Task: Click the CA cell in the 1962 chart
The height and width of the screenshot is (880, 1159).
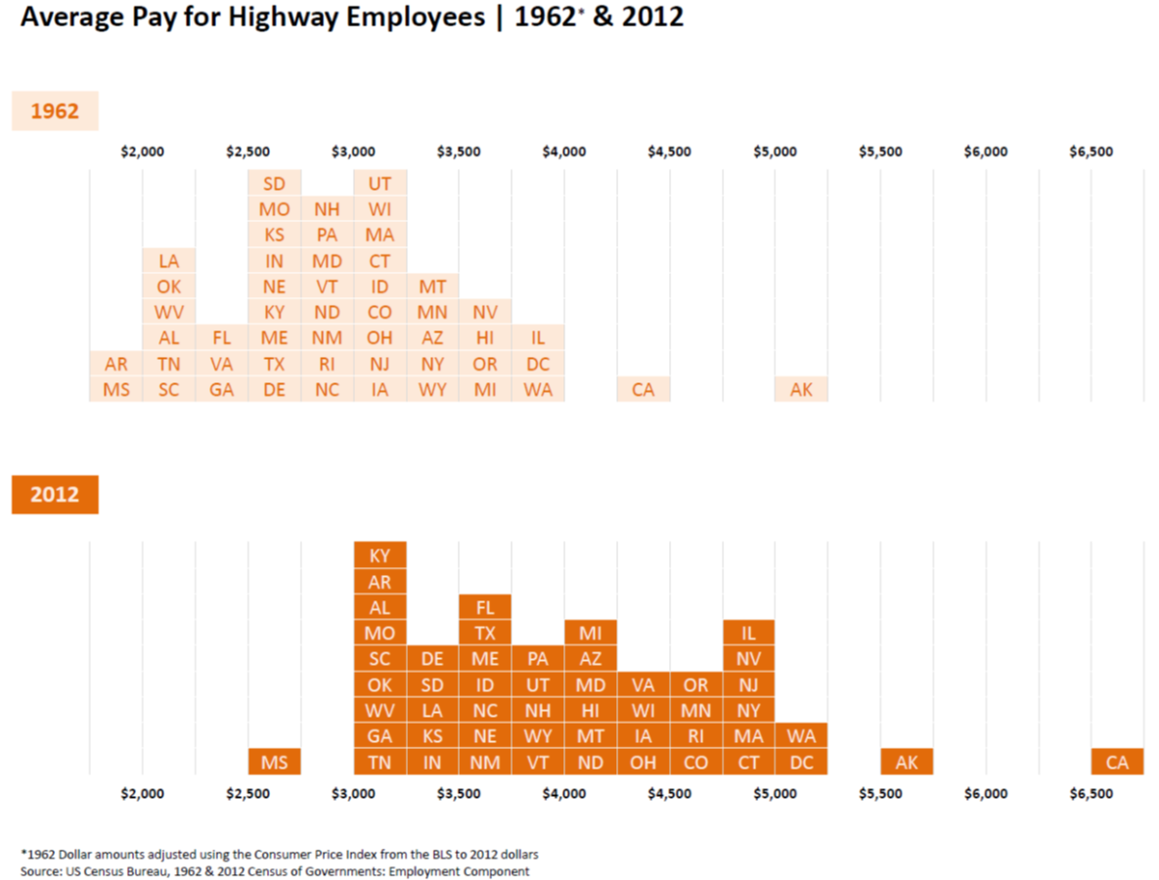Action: click(x=643, y=389)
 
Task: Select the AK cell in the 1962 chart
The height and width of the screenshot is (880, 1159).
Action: click(x=801, y=389)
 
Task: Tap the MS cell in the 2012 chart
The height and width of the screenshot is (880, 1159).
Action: click(x=274, y=762)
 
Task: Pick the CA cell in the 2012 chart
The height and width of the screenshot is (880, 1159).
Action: click(x=1117, y=762)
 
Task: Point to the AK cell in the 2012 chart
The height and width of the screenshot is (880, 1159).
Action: click(x=907, y=762)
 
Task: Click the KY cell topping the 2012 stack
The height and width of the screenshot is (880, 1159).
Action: click(x=379, y=555)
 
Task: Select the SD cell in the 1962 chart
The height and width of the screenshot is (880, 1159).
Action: click(x=274, y=183)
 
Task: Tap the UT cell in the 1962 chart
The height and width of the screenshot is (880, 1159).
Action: click(x=379, y=183)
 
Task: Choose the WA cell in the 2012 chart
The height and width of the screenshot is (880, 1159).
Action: click(x=801, y=735)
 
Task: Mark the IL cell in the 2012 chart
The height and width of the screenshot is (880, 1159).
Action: click(x=748, y=633)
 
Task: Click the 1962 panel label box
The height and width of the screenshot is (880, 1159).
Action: click(x=55, y=111)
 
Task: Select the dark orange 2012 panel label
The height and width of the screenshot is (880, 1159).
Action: click(x=55, y=495)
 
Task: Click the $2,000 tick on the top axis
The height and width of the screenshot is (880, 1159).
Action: click(x=143, y=152)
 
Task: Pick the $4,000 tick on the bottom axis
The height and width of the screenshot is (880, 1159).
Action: click(x=564, y=794)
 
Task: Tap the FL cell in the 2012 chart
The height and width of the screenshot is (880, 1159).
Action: click(x=485, y=607)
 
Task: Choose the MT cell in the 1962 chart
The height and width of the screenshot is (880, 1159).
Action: click(x=432, y=286)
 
